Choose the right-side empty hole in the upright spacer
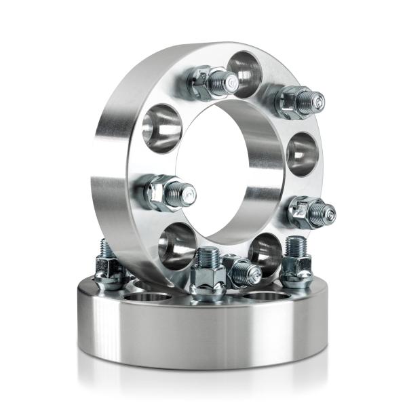tap(302, 154)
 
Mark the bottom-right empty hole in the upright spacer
tap(265, 252)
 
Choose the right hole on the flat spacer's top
tap(264, 296)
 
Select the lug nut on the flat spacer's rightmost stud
tap(296, 271)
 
